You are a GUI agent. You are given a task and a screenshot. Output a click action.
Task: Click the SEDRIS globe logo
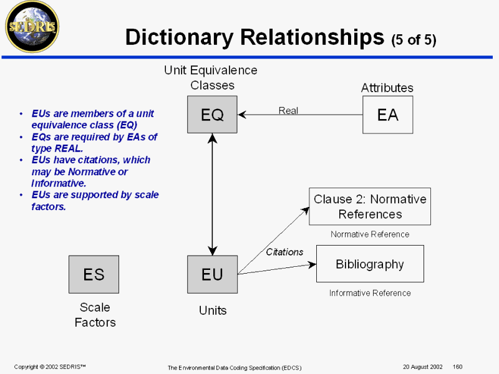pos(31,26)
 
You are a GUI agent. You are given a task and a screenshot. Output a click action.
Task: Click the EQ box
pos(212,114)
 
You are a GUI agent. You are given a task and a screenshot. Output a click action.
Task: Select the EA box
pos(387,114)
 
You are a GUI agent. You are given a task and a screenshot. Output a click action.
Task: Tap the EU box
pos(212,274)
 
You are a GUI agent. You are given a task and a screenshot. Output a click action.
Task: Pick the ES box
pos(94,274)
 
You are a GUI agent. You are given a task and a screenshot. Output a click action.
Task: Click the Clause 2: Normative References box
pos(370,206)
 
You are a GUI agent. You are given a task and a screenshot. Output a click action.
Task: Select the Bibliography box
pos(370,264)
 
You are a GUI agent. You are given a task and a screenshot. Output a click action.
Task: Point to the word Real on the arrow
pos(288,110)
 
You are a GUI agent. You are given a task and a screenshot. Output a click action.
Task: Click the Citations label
pos(284,252)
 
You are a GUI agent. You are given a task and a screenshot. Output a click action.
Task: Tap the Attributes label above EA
pos(387,88)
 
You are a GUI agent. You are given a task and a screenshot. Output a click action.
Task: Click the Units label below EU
pos(213,310)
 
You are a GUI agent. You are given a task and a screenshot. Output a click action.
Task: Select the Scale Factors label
pos(95,315)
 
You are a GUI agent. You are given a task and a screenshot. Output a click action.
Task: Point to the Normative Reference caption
pos(370,234)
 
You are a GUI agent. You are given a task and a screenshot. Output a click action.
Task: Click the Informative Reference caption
pos(370,293)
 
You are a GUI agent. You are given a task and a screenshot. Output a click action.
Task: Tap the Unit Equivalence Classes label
pos(211,77)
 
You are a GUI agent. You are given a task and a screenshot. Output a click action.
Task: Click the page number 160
pos(457,367)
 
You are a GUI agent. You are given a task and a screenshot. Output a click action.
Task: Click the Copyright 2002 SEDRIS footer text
pos(50,367)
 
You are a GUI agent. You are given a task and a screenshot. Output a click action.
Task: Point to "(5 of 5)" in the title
pos(414,41)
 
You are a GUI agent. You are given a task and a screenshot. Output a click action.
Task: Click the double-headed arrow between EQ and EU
pos(213,194)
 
